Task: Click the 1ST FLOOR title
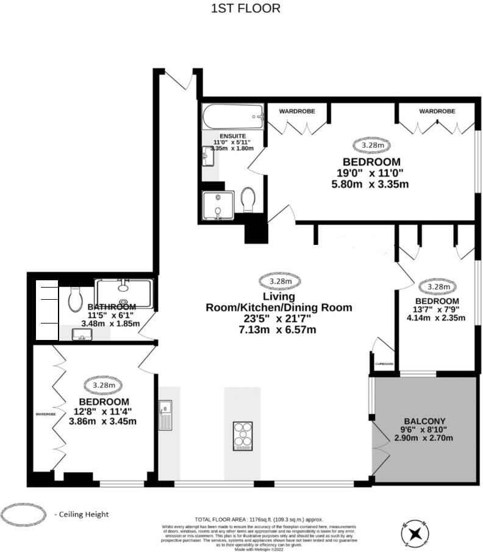click(246, 9)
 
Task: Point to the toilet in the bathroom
click(76, 297)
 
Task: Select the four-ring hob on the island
click(242, 436)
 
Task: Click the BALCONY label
click(425, 421)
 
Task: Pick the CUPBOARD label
click(384, 364)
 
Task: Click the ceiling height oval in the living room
click(280, 281)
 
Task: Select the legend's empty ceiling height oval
click(23, 514)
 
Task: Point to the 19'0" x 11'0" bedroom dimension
click(371, 173)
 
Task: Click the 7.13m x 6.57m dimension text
click(279, 330)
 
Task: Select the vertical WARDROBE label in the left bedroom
click(45, 414)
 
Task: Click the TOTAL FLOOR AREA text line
click(259, 519)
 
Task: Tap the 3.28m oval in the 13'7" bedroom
click(438, 286)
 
